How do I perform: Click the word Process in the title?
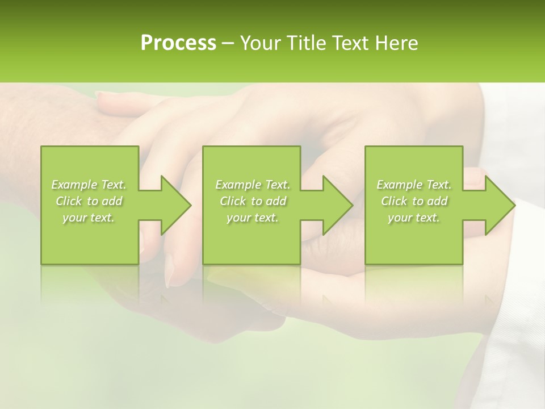click(x=178, y=43)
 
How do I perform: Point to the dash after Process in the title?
click(x=228, y=44)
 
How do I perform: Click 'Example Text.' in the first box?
click(x=89, y=185)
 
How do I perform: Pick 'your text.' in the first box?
click(x=89, y=218)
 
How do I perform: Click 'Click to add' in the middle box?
click(x=252, y=201)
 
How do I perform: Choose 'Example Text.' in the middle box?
click(x=252, y=185)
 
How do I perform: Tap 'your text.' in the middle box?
click(x=252, y=218)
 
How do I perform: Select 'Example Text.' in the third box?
click(x=414, y=185)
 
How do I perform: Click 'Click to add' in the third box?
click(x=414, y=201)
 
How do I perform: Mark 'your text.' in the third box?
click(x=414, y=218)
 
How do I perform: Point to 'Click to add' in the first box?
click(x=89, y=201)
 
